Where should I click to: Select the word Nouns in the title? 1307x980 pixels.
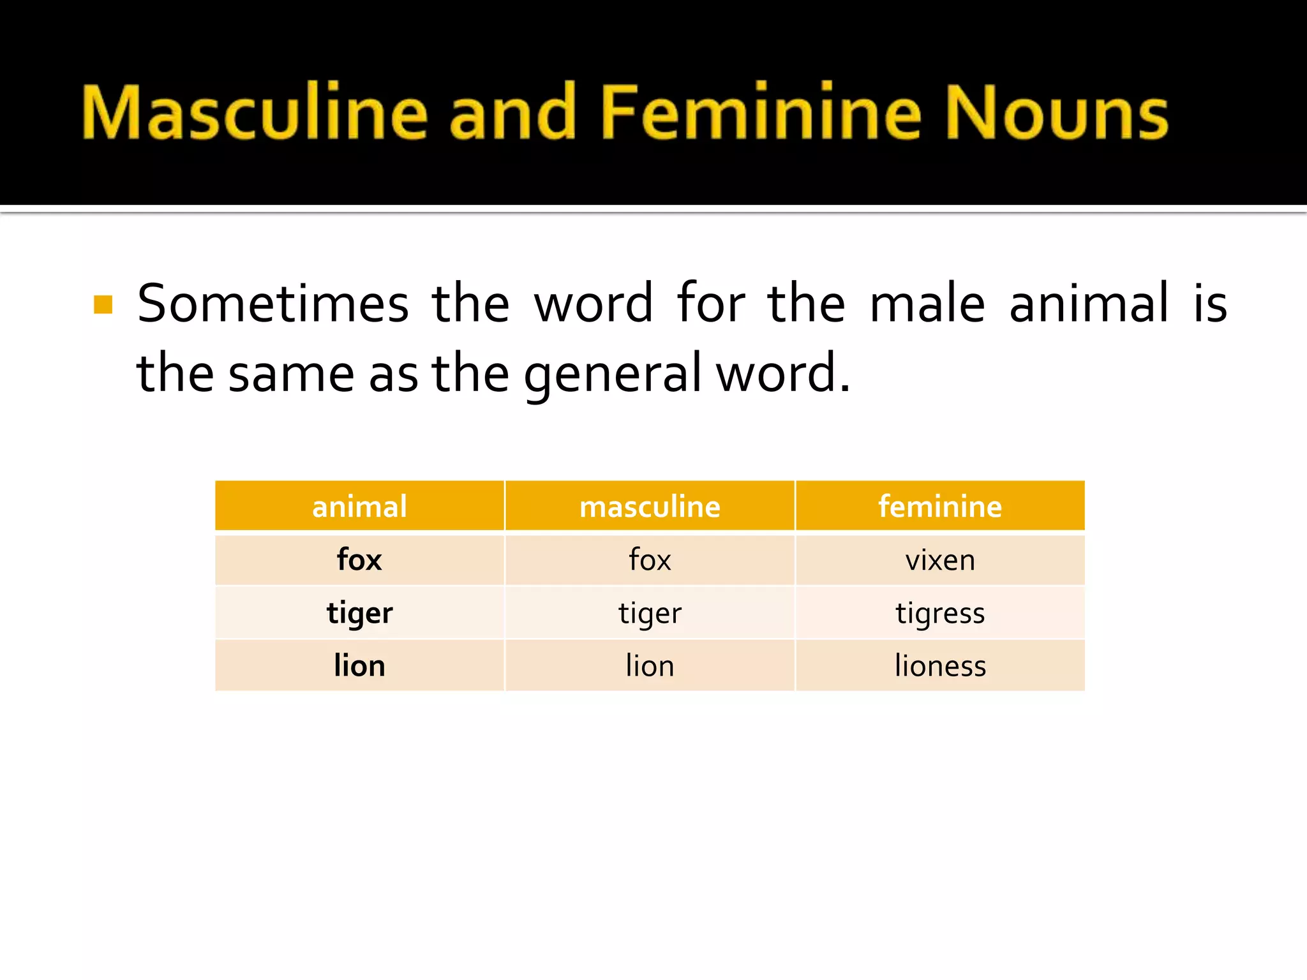[x=1056, y=112]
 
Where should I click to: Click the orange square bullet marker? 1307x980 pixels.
[x=103, y=305]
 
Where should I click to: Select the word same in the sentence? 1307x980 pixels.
[x=291, y=374]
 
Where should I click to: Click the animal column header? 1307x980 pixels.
[x=359, y=507]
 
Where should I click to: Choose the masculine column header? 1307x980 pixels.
[x=650, y=507]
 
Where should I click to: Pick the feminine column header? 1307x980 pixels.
[x=940, y=507]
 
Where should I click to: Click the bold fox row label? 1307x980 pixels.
[x=359, y=560]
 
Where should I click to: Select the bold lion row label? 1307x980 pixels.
[x=359, y=666]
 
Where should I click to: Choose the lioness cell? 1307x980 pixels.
[x=940, y=666]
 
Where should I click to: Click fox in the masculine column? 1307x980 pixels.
[x=650, y=560]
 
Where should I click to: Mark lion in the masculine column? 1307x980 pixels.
[x=650, y=666]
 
